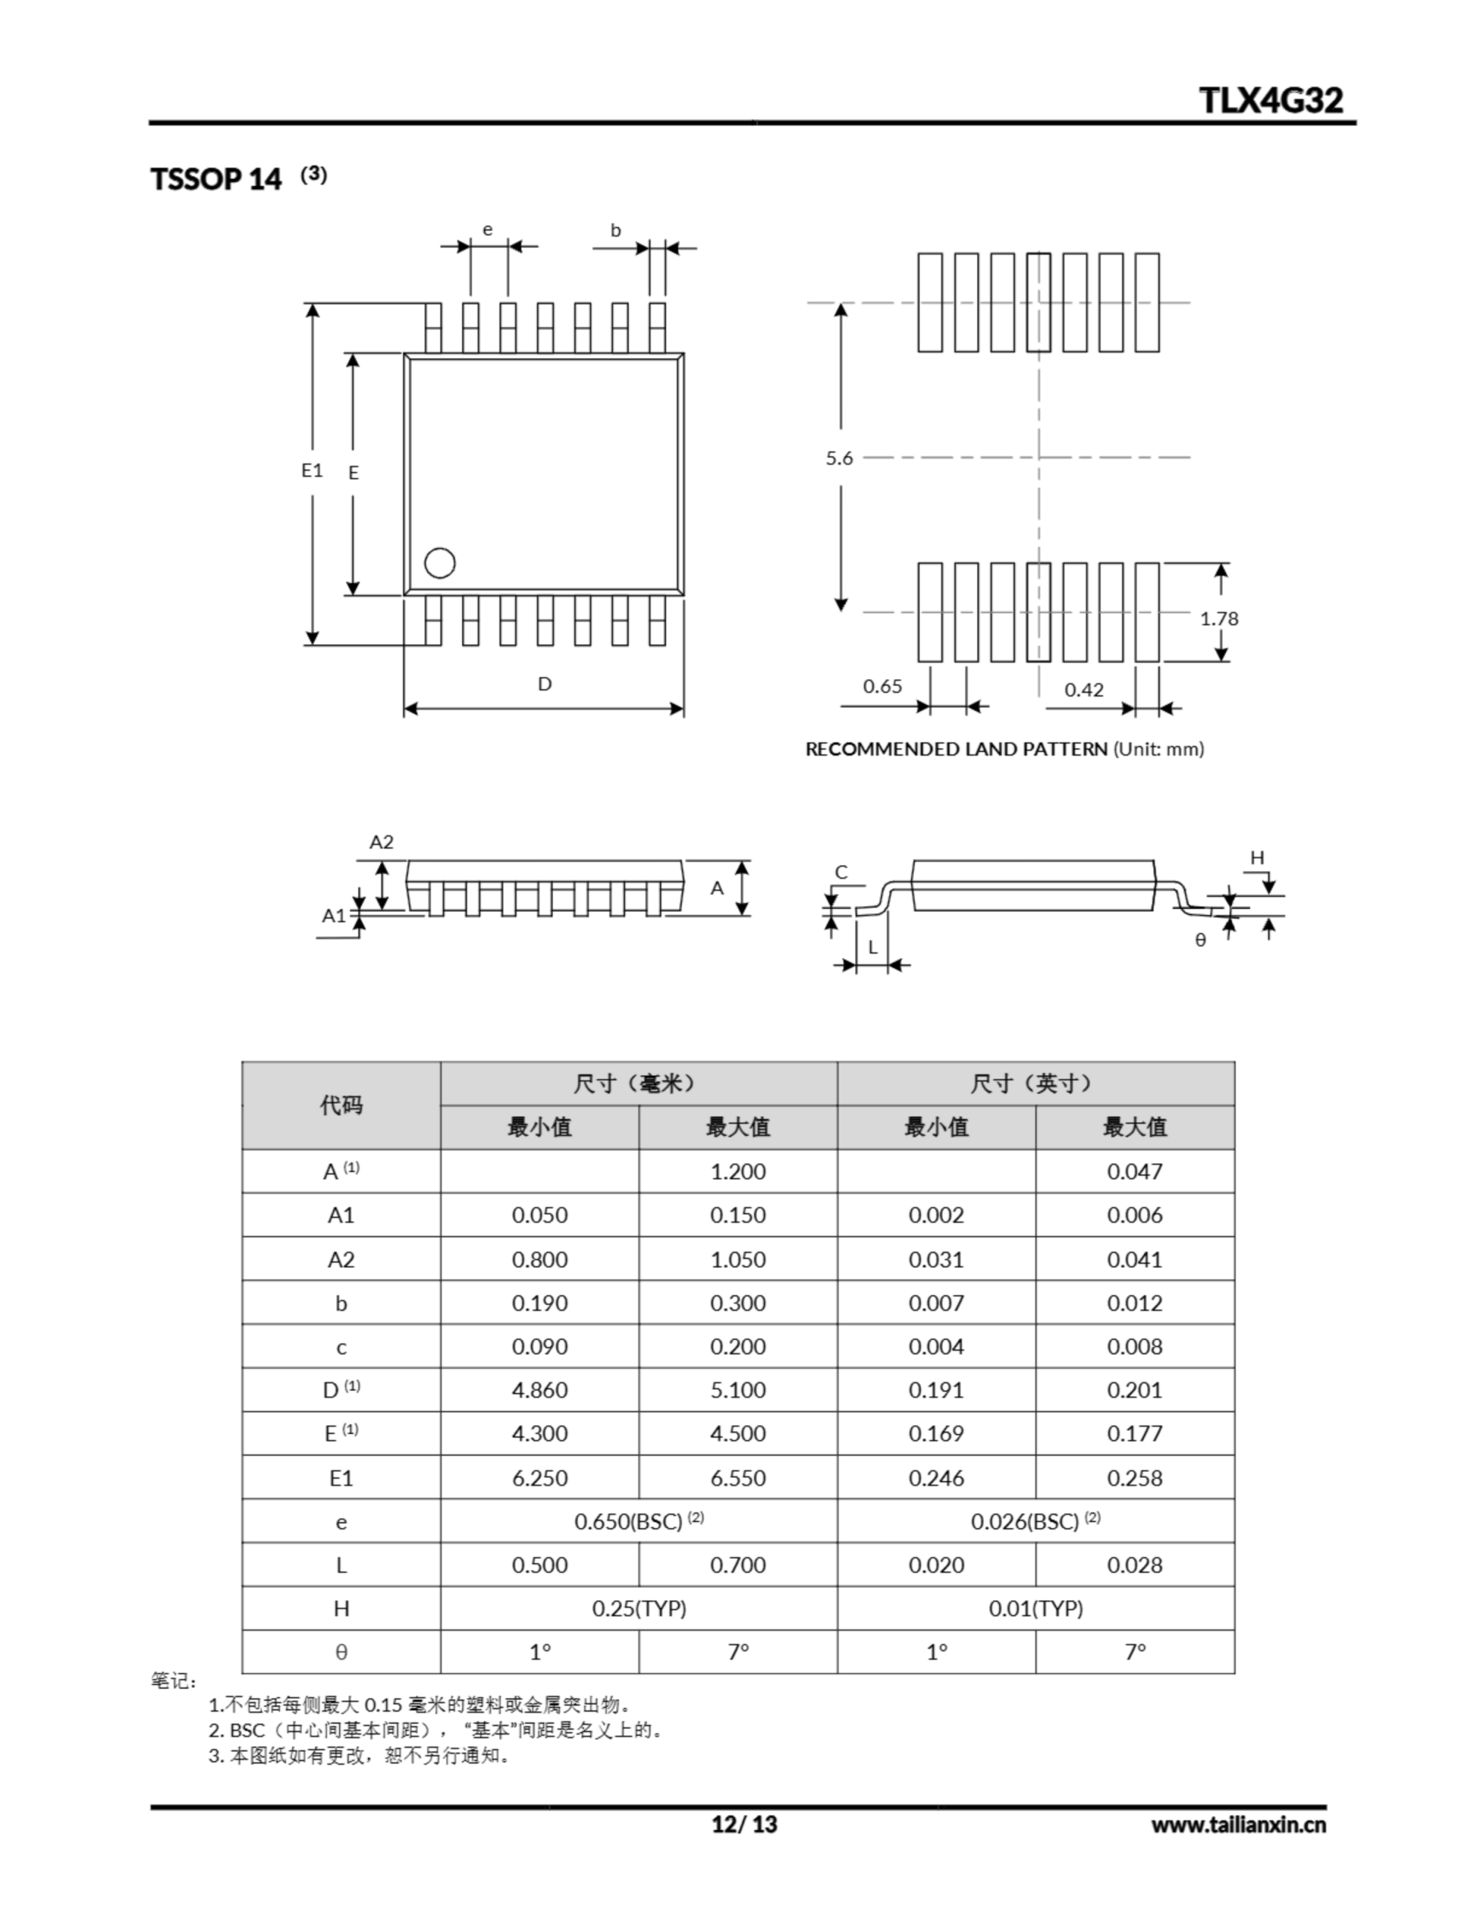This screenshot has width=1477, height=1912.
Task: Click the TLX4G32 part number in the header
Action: tap(1270, 101)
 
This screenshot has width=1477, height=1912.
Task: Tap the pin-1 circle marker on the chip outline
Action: tap(440, 563)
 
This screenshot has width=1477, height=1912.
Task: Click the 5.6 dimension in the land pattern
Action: tap(839, 458)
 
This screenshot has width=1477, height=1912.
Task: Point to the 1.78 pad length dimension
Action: tap(1219, 619)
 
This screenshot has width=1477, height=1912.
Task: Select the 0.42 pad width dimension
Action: tap(1084, 690)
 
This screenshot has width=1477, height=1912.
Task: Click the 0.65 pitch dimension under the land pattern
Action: tap(882, 686)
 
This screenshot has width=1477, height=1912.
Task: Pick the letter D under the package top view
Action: tap(544, 683)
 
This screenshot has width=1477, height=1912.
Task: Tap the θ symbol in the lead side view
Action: tap(1200, 940)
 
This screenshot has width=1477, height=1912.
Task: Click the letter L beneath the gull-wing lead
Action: tap(872, 947)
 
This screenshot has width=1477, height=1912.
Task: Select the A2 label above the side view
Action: tap(382, 842)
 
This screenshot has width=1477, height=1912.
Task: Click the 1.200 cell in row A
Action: tap(737, 1171)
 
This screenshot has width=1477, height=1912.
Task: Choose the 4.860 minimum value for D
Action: tap(539, 1390)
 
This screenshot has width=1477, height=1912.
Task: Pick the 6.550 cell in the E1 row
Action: tap(737, 1478)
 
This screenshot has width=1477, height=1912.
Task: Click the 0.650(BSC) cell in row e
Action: tap(638, 1521)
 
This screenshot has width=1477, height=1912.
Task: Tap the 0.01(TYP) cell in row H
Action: tap(1036, 1608)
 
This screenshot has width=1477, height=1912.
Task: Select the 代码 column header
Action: tap(341, 1105)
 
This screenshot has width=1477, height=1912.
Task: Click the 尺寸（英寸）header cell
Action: tap(1035, 1084)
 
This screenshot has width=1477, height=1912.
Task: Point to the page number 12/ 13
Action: tap(743, 1825)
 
